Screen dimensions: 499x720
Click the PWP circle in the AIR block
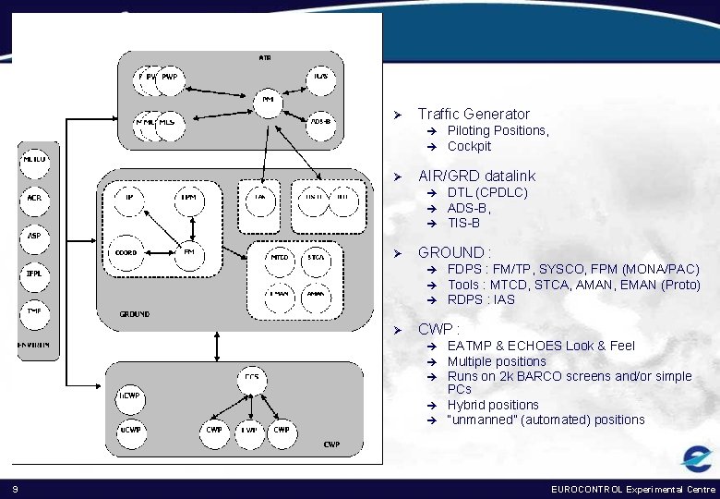[169, 78]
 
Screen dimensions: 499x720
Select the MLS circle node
[167, 123]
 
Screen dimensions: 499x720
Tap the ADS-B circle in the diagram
[320, 123]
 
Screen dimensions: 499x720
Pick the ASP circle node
[34, 237]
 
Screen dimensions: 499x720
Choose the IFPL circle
[34, 274]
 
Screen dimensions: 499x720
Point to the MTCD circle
[277, 258]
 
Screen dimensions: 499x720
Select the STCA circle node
[317, 258]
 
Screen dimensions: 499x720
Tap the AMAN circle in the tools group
[317, 295]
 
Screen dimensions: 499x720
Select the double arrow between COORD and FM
[158, 252]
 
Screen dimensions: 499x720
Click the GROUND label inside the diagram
[134, 314]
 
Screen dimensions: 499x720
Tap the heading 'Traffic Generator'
[474, 114]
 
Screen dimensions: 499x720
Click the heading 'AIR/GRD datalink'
[476, 176]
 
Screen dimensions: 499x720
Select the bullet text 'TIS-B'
[463, 223]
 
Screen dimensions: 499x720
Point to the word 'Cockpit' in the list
[469, 146]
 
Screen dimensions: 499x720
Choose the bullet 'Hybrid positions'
[493, 405]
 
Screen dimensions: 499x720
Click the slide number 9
[16, 488]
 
